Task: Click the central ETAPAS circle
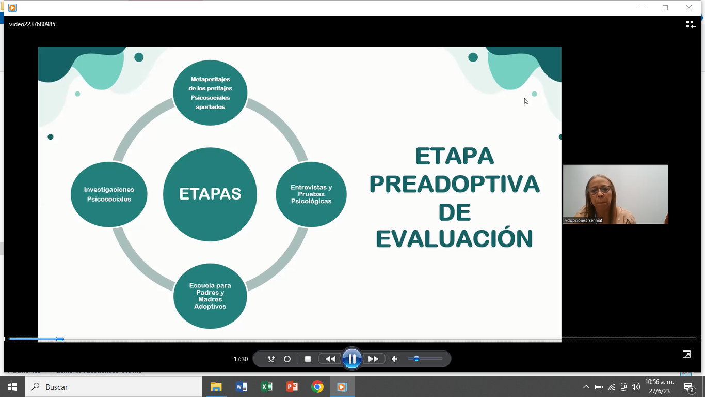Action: (x=210, y=194)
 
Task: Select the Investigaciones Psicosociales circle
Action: (x=109, y=194)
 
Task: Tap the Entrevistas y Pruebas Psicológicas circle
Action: (x=311, y=194)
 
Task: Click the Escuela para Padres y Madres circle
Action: (x=210, y=296)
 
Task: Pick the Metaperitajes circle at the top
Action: (x=210, y=93)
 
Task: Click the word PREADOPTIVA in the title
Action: (x=455, y=185)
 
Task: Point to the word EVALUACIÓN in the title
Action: (x=455, y=239)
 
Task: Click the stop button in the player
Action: (x=308, y=359)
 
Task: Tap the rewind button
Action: (x=330, y=359)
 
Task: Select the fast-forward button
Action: (x=373, y=359)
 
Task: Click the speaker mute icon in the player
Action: (x=394, y=359)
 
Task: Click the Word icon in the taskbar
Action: (x=242, y=387)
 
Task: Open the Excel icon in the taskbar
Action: (x=267, y=387)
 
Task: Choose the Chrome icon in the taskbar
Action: (x=317, y=387)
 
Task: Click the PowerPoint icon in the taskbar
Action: (x=292, y=387)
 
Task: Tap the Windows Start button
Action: (x=12, y=387)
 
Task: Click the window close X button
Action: (x=688, y=8)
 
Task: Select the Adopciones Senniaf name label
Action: (x=583, y=220)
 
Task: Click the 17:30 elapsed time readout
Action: (x=241, y=359)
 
